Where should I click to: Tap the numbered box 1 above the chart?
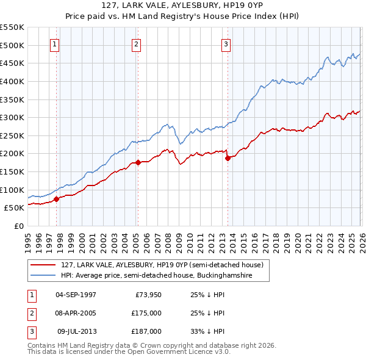pos(55,44)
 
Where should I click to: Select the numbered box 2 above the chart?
pos(136,44)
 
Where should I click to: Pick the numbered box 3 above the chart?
pos(226,44)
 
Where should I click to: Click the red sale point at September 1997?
pos(56,199)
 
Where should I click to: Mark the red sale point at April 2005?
pos(138,162)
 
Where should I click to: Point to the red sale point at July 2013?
pos(228,158)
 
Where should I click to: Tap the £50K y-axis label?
pos(15,207)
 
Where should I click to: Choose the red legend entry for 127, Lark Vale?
pos(162,265)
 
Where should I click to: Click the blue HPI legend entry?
pos(165,276)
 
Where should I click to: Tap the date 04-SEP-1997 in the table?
pos(76,295)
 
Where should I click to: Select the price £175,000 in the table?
pos(146,313)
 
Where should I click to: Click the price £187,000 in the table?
pos(146,331)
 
